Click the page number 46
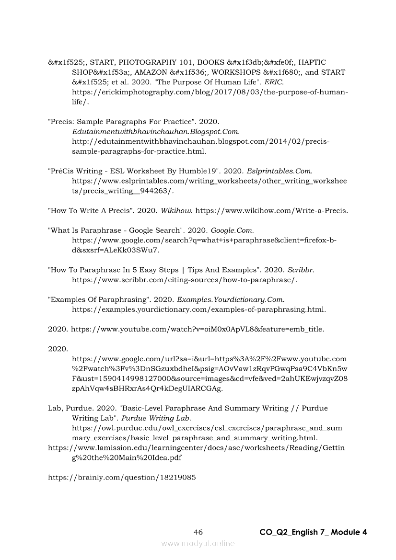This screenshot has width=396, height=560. [x=198, y=532]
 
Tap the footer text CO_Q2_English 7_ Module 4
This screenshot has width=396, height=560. [x=313, y=532]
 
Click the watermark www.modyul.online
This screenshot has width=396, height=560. [x=198, y=544]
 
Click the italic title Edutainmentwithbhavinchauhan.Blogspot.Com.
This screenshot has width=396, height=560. [x=156, y=131]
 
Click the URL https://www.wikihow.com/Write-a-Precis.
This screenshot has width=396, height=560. [x=272, y=210]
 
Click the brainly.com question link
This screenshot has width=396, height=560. [x=122, y=478]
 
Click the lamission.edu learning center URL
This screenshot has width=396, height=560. [x=196, y=448]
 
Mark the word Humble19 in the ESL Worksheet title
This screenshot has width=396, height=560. [x=199, y=171]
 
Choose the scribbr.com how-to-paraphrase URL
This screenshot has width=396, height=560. [x=185, y=280]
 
